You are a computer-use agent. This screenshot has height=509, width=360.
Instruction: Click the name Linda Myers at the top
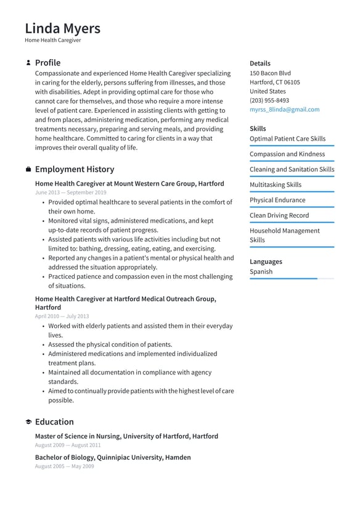tap(62, 28)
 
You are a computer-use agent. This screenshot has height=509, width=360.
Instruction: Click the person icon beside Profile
tap(28, 63)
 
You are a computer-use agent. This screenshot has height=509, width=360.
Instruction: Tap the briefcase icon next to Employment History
tap(28, 170)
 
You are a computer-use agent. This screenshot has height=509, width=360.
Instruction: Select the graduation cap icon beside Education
tap(28, 422)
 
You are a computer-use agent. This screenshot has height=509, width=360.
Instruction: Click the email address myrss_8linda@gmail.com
tap(284, 109)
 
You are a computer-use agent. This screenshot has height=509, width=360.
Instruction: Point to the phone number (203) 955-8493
tap(269, 100)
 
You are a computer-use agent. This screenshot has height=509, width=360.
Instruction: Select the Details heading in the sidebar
tap(260, 63)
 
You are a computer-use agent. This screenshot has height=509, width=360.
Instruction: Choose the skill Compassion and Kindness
tap(287, 154)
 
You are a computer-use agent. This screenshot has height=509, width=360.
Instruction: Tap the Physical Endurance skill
tap(277, 200)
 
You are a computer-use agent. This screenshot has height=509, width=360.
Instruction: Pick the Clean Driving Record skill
tap(279, 215)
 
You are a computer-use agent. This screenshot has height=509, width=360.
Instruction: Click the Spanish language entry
tap(261, 271)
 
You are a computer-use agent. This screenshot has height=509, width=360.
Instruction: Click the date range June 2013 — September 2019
tap(70, 192)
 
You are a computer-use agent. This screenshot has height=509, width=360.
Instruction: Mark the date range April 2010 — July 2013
tap(62, 317)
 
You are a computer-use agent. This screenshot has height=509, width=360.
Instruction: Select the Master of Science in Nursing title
tap(126, 436)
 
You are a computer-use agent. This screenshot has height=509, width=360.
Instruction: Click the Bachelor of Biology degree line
tap(113, 457)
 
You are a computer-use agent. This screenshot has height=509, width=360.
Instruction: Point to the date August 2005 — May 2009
tap(64, 466)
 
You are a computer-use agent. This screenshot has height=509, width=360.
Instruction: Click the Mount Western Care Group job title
tap(129, 183)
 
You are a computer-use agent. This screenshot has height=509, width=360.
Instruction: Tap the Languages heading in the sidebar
tap(266, 262)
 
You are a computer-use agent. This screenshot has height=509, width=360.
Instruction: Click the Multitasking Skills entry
tap(275, 184)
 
